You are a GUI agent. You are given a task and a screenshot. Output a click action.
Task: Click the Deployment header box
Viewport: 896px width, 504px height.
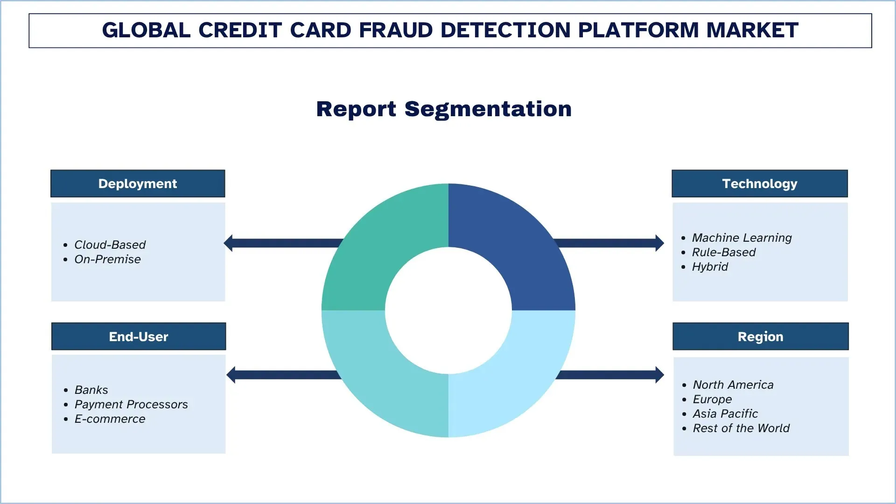(x=138, y=183)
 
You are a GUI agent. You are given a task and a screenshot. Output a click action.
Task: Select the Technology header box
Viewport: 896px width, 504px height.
(x=759, y=183)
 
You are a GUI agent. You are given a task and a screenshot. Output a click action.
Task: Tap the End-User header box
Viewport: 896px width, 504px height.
(x=139, y=336)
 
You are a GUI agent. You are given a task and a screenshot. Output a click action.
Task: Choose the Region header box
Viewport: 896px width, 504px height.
(x=760, y=336)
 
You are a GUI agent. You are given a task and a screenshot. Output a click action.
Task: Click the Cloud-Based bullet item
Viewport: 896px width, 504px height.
(x=110, y=245)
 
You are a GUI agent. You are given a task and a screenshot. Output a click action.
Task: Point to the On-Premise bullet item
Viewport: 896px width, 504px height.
(x=107, y=259)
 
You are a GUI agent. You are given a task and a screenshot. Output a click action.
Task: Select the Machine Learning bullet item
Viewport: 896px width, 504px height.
(x=742, y=238)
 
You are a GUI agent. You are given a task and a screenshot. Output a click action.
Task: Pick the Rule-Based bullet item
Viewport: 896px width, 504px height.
(x=723, y=252)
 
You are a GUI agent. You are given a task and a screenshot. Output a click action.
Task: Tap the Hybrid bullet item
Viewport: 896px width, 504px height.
(x=710, y=266)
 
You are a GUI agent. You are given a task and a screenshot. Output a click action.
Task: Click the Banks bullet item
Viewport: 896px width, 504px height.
(x=91, y=390)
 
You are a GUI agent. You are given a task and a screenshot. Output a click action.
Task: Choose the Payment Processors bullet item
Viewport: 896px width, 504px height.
(x=131, y=404)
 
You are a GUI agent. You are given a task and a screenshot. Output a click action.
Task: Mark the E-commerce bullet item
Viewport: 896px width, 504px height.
(x=110, y=419)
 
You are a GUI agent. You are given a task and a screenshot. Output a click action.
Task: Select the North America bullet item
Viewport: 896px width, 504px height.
(x=733, y=385)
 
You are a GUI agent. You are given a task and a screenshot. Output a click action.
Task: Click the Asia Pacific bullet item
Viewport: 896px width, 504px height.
(x=725, y=413)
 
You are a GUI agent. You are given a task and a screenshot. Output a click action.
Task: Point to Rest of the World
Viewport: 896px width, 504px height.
(x=741, y=428)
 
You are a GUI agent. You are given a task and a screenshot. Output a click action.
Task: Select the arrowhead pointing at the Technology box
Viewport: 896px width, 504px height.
(x=659, y=243)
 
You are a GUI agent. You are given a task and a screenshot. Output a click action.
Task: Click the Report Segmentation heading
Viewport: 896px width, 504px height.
(x=444, y=109)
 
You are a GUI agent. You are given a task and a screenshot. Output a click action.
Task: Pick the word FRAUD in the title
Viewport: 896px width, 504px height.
(x=396, y=30)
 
